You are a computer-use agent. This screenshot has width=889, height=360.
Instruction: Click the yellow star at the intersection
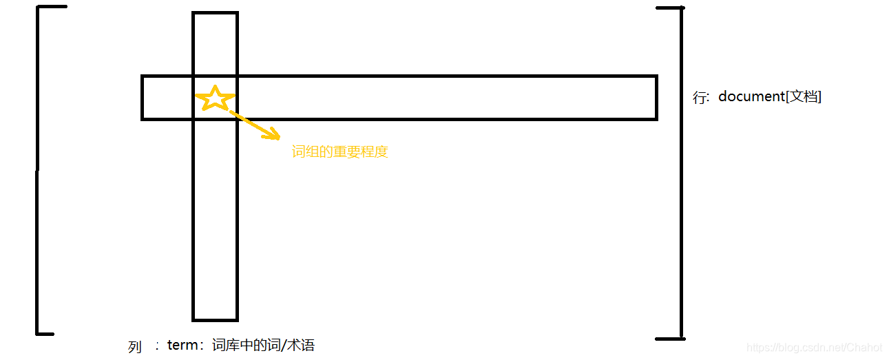[216, 98]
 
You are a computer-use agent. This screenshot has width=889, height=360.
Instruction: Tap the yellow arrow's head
[273, 135]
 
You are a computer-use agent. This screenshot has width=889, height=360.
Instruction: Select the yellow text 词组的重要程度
[340, 152]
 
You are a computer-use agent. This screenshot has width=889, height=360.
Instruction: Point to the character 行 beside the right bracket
[700, 97]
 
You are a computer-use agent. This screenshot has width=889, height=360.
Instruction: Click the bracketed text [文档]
[804, 96]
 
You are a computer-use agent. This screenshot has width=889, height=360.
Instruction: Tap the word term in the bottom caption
[182, 345]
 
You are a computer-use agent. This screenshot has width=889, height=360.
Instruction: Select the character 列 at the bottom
[135, 347]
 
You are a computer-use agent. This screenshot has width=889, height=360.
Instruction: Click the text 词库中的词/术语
[263, 345]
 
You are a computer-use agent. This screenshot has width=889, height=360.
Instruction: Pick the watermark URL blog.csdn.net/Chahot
[815, 348]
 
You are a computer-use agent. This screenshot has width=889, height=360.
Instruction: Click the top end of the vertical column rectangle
[215, 13]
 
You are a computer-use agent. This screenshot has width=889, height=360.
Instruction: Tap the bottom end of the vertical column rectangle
[215, 319]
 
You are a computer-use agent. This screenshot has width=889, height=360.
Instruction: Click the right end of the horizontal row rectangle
[656, 98]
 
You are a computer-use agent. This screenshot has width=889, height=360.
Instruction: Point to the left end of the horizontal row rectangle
[143, 98]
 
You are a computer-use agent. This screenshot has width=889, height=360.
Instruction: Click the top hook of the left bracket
[52, 8]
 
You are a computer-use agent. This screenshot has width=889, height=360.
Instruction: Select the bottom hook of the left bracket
[45, 333]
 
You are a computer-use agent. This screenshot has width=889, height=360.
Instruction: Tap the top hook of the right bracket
[669, 8]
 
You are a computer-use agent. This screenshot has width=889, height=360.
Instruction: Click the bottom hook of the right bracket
[669, 338]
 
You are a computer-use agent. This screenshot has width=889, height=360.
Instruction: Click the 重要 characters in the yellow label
[346, 152]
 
